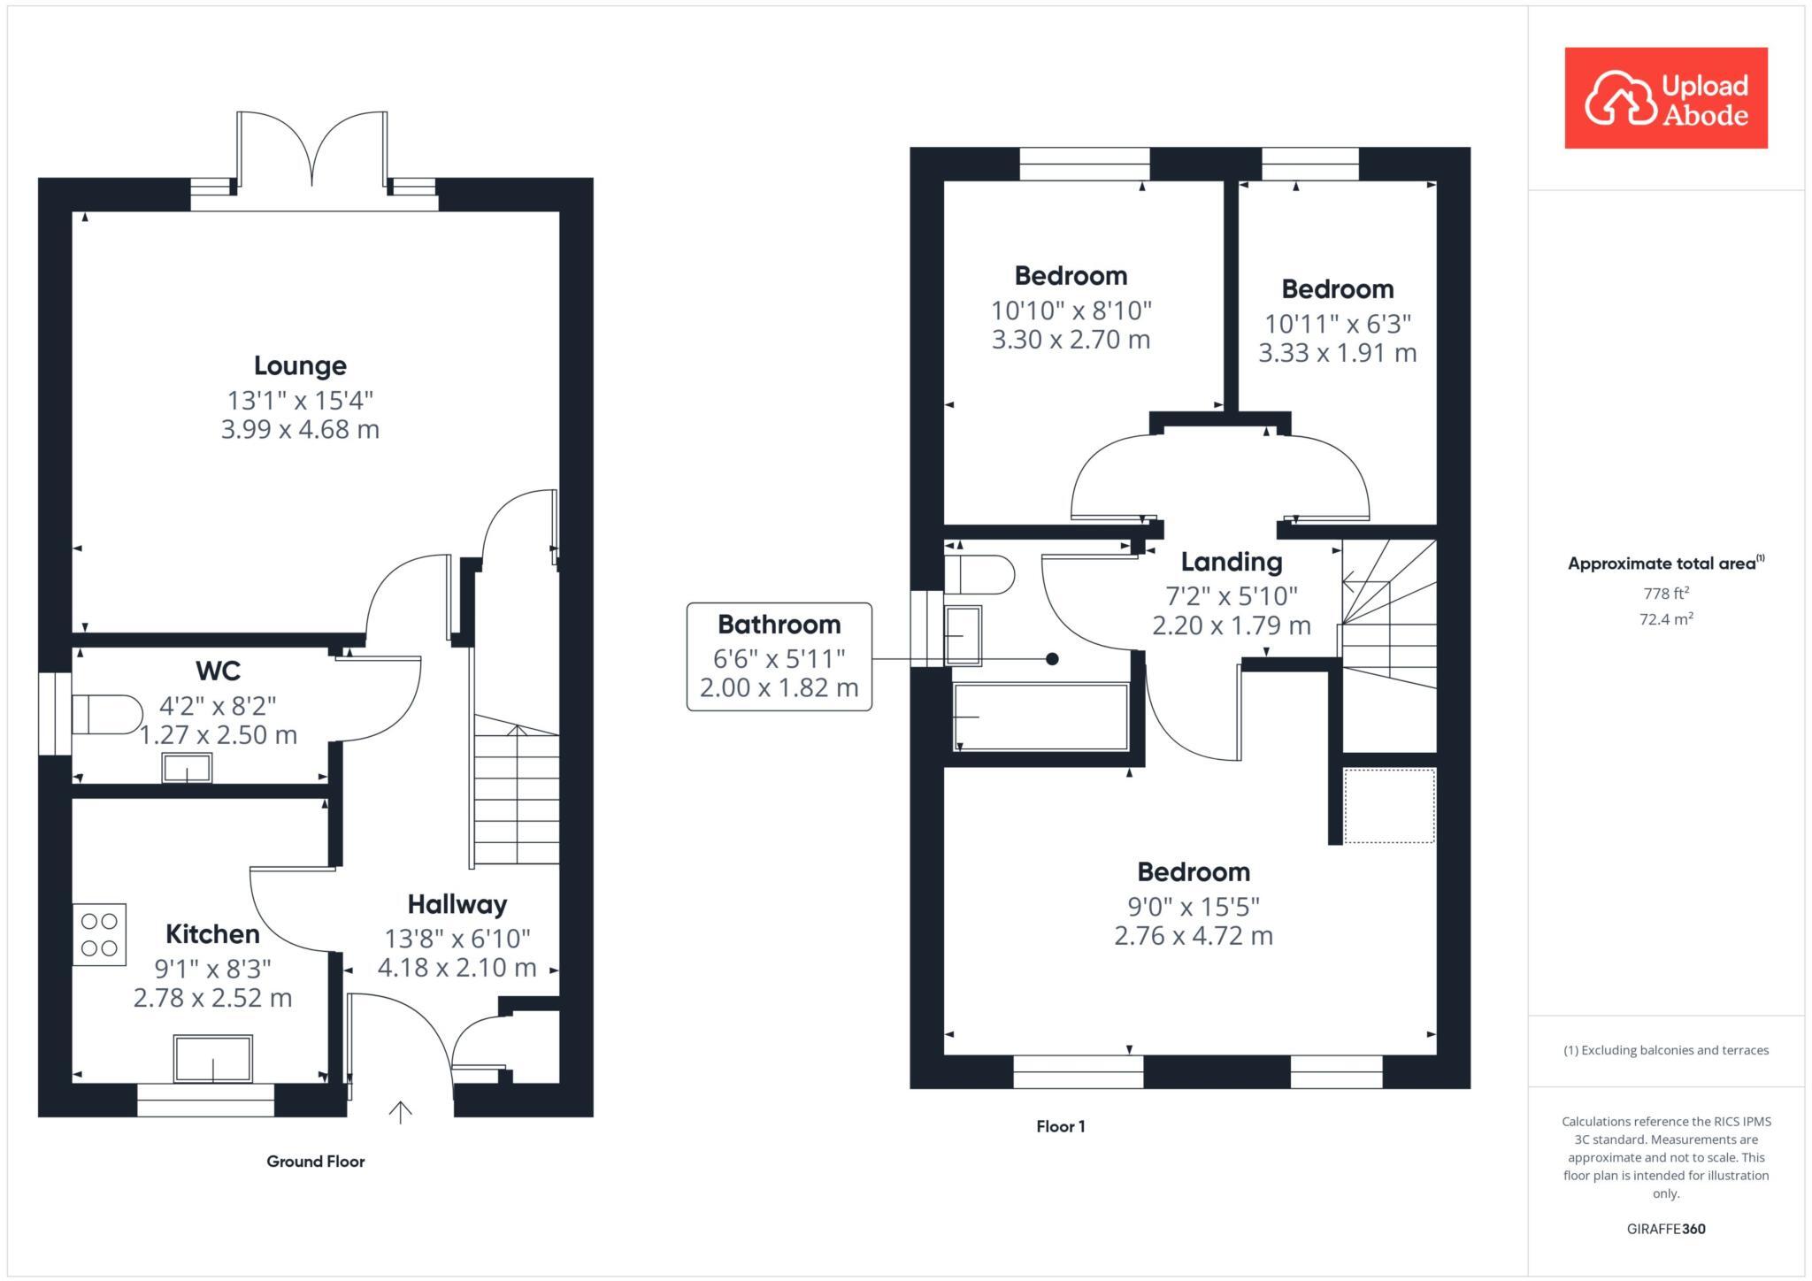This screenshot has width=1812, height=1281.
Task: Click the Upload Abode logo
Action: [x=1665, y=98]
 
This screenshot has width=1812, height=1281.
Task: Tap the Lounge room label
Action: [x=300, y=365]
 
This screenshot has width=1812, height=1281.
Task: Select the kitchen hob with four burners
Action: [x=99, y=934]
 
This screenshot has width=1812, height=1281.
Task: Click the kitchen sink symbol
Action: [x=212, y=1059]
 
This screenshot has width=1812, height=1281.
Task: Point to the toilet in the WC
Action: [x=106, y=715]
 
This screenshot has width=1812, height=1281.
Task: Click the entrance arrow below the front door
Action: [x=401, y=1112]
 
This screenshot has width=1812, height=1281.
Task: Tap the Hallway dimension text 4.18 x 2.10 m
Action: [x=457, y=967]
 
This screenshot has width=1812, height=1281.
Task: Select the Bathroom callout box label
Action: [x=779, y=625]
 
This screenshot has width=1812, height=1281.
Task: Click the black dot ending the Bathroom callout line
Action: [x=1052, y=659]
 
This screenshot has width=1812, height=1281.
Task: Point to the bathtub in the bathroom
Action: [x=1040, y=717]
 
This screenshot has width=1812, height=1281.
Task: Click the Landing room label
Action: [x=1231, y=562]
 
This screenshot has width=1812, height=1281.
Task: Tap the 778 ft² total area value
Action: [x=1665, y=594]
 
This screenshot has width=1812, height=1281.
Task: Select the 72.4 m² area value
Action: [x=1665, y=619]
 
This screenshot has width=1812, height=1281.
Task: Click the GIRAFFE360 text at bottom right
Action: [x=1665, y=1229]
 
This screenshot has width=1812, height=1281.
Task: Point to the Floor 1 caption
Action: [x=1060, y=1126]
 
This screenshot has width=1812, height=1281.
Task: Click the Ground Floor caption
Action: [x=316, y=1162]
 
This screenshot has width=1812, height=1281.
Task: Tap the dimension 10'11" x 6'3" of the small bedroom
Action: [x=1337, y=324]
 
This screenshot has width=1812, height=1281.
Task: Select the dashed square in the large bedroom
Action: [x=1389, y=806]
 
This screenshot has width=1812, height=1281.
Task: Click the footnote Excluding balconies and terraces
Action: [x=1665, y=1050]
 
